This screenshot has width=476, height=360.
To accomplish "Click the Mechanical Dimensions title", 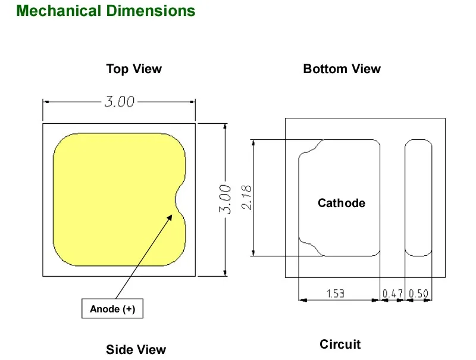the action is point(106,11).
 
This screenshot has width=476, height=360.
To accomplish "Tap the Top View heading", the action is point(134,69).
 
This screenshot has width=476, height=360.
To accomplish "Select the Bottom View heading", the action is point(342,69).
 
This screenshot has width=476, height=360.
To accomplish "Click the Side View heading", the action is point(136,350).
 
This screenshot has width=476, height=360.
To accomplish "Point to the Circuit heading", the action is point(340,345).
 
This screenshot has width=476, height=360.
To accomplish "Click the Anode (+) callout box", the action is point(112,309).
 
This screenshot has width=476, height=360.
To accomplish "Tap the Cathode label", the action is point(342,203).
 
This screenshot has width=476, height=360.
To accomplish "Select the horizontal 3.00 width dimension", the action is point(120,102).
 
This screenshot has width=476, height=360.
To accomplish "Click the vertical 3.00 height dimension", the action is point(226,199).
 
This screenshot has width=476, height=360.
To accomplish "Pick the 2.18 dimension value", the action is point(246,198).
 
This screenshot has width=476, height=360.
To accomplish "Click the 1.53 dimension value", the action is point(336,293).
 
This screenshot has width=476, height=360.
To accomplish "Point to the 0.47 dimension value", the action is point(392,293).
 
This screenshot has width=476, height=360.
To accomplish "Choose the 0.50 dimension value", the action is point(418,293).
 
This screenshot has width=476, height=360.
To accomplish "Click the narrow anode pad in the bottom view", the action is point(418,198).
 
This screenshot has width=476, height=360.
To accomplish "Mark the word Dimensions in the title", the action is point(151,11).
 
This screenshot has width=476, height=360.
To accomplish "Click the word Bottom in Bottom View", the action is point(325,69).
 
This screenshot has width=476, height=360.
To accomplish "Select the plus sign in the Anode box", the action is point(129,309).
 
